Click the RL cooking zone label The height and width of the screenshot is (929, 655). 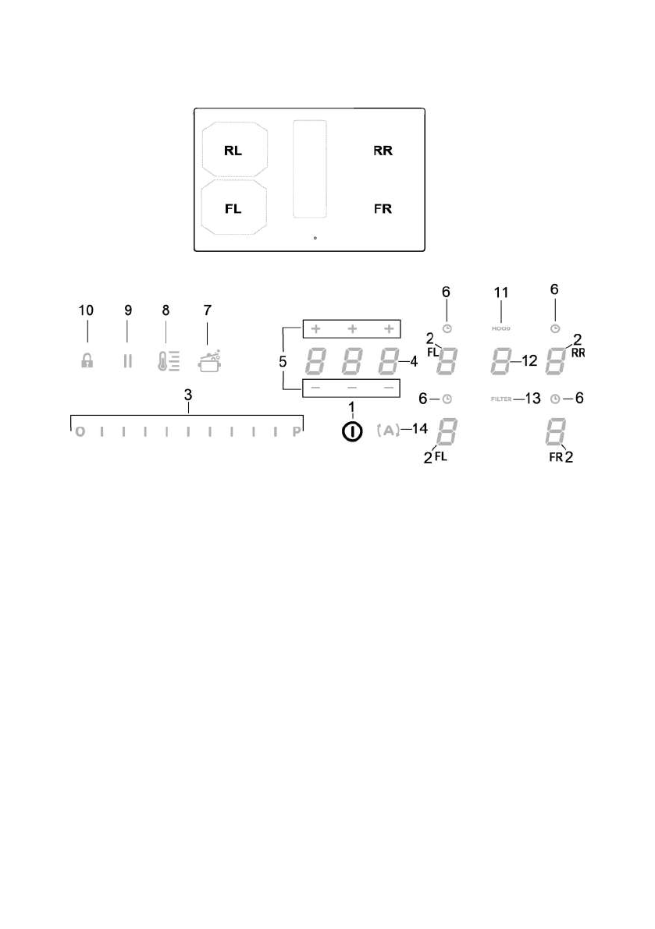233,151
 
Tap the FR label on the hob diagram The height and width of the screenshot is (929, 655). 383,209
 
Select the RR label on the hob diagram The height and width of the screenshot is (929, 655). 383,151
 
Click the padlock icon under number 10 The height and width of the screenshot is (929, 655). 87,363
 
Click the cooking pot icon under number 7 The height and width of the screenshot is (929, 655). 208,362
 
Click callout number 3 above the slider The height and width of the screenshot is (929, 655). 188,397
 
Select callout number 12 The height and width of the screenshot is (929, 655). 530,361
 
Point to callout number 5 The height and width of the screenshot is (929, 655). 284,362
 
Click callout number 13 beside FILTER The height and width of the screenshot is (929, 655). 532,399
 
